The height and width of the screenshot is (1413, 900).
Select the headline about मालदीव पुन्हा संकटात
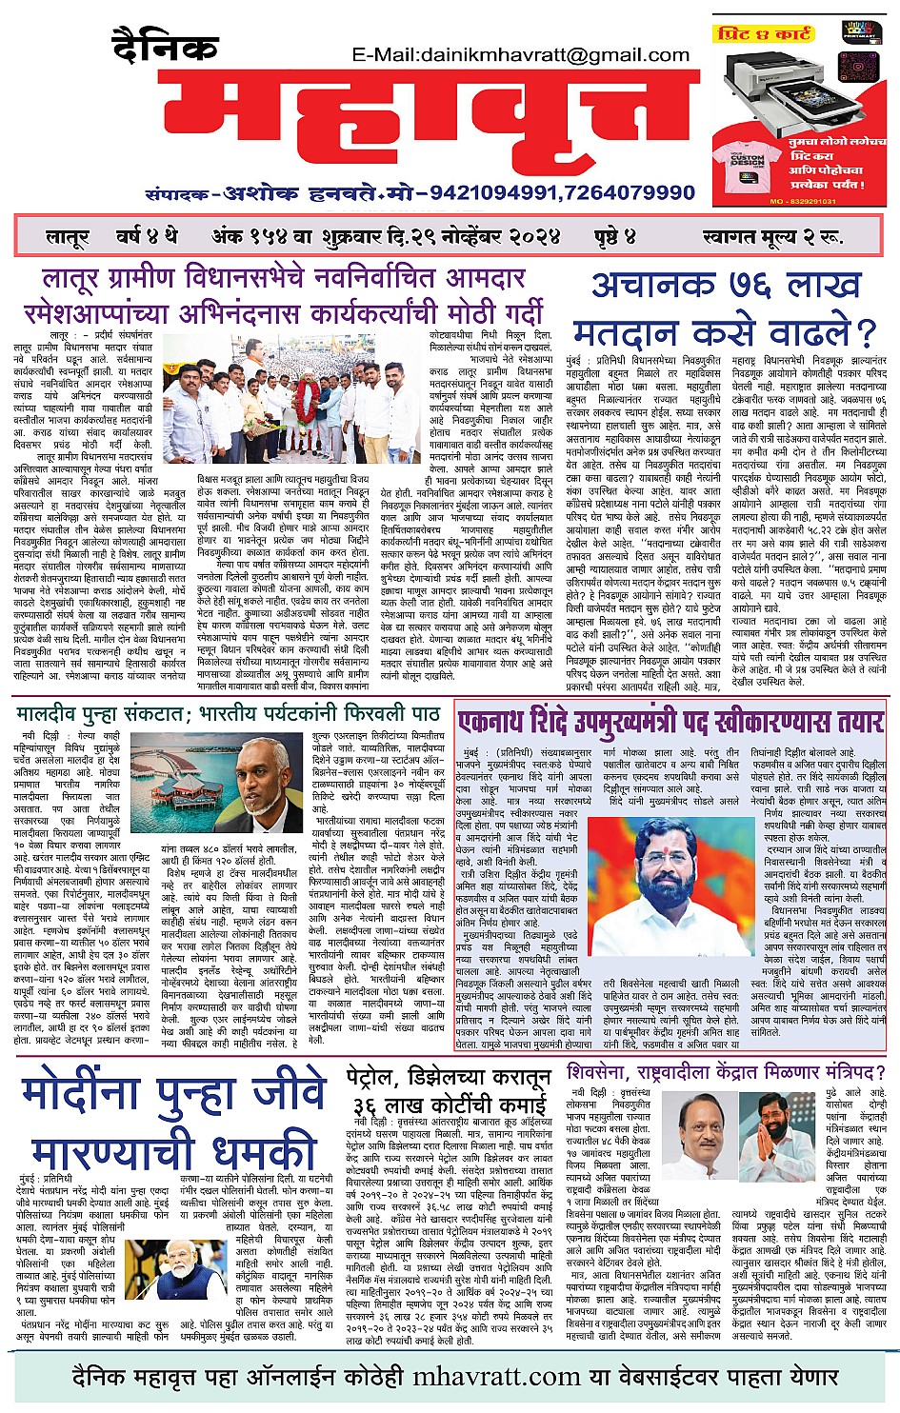(229, 713)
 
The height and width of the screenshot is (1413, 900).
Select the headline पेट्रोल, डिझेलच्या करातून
(449, 1080)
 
